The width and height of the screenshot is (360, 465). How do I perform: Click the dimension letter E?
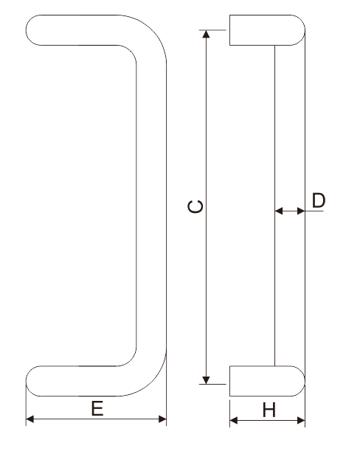click(x=97, y=408)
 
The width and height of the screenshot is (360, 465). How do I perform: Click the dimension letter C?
click(x=195, y=206)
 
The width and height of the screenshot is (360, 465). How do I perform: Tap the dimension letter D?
click(x=319, y=200)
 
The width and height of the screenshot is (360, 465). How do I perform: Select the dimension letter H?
click(x=269, y=410)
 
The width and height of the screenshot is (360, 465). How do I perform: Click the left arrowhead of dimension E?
click(x=30, y=419)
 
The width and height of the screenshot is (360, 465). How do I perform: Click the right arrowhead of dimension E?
click(x=162, y=419)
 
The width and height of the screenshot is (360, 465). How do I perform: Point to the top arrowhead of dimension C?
click(x=206, y=34)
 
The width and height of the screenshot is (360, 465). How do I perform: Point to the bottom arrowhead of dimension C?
click(x=206, y=380)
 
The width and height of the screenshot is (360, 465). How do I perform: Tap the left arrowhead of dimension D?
click(x=279, y=211)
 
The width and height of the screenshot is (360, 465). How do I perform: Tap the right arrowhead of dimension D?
click(x=301, y=211)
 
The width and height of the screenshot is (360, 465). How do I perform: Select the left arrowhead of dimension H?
click(x=234, y=420)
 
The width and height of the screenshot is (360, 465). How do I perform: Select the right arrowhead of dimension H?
click(x=301, y=420)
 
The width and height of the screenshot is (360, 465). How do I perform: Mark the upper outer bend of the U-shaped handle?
click(x=152, y=29)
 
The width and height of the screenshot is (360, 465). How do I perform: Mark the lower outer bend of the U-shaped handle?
click(x=152, y=382)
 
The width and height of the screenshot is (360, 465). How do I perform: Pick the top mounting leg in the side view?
click(x=267, y=30)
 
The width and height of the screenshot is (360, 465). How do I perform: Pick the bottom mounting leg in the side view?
click(x=267, y=381)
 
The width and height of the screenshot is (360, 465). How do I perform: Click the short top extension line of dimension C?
click(x=212, y=30)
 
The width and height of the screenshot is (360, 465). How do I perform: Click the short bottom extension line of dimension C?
click(x=212, y=384)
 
